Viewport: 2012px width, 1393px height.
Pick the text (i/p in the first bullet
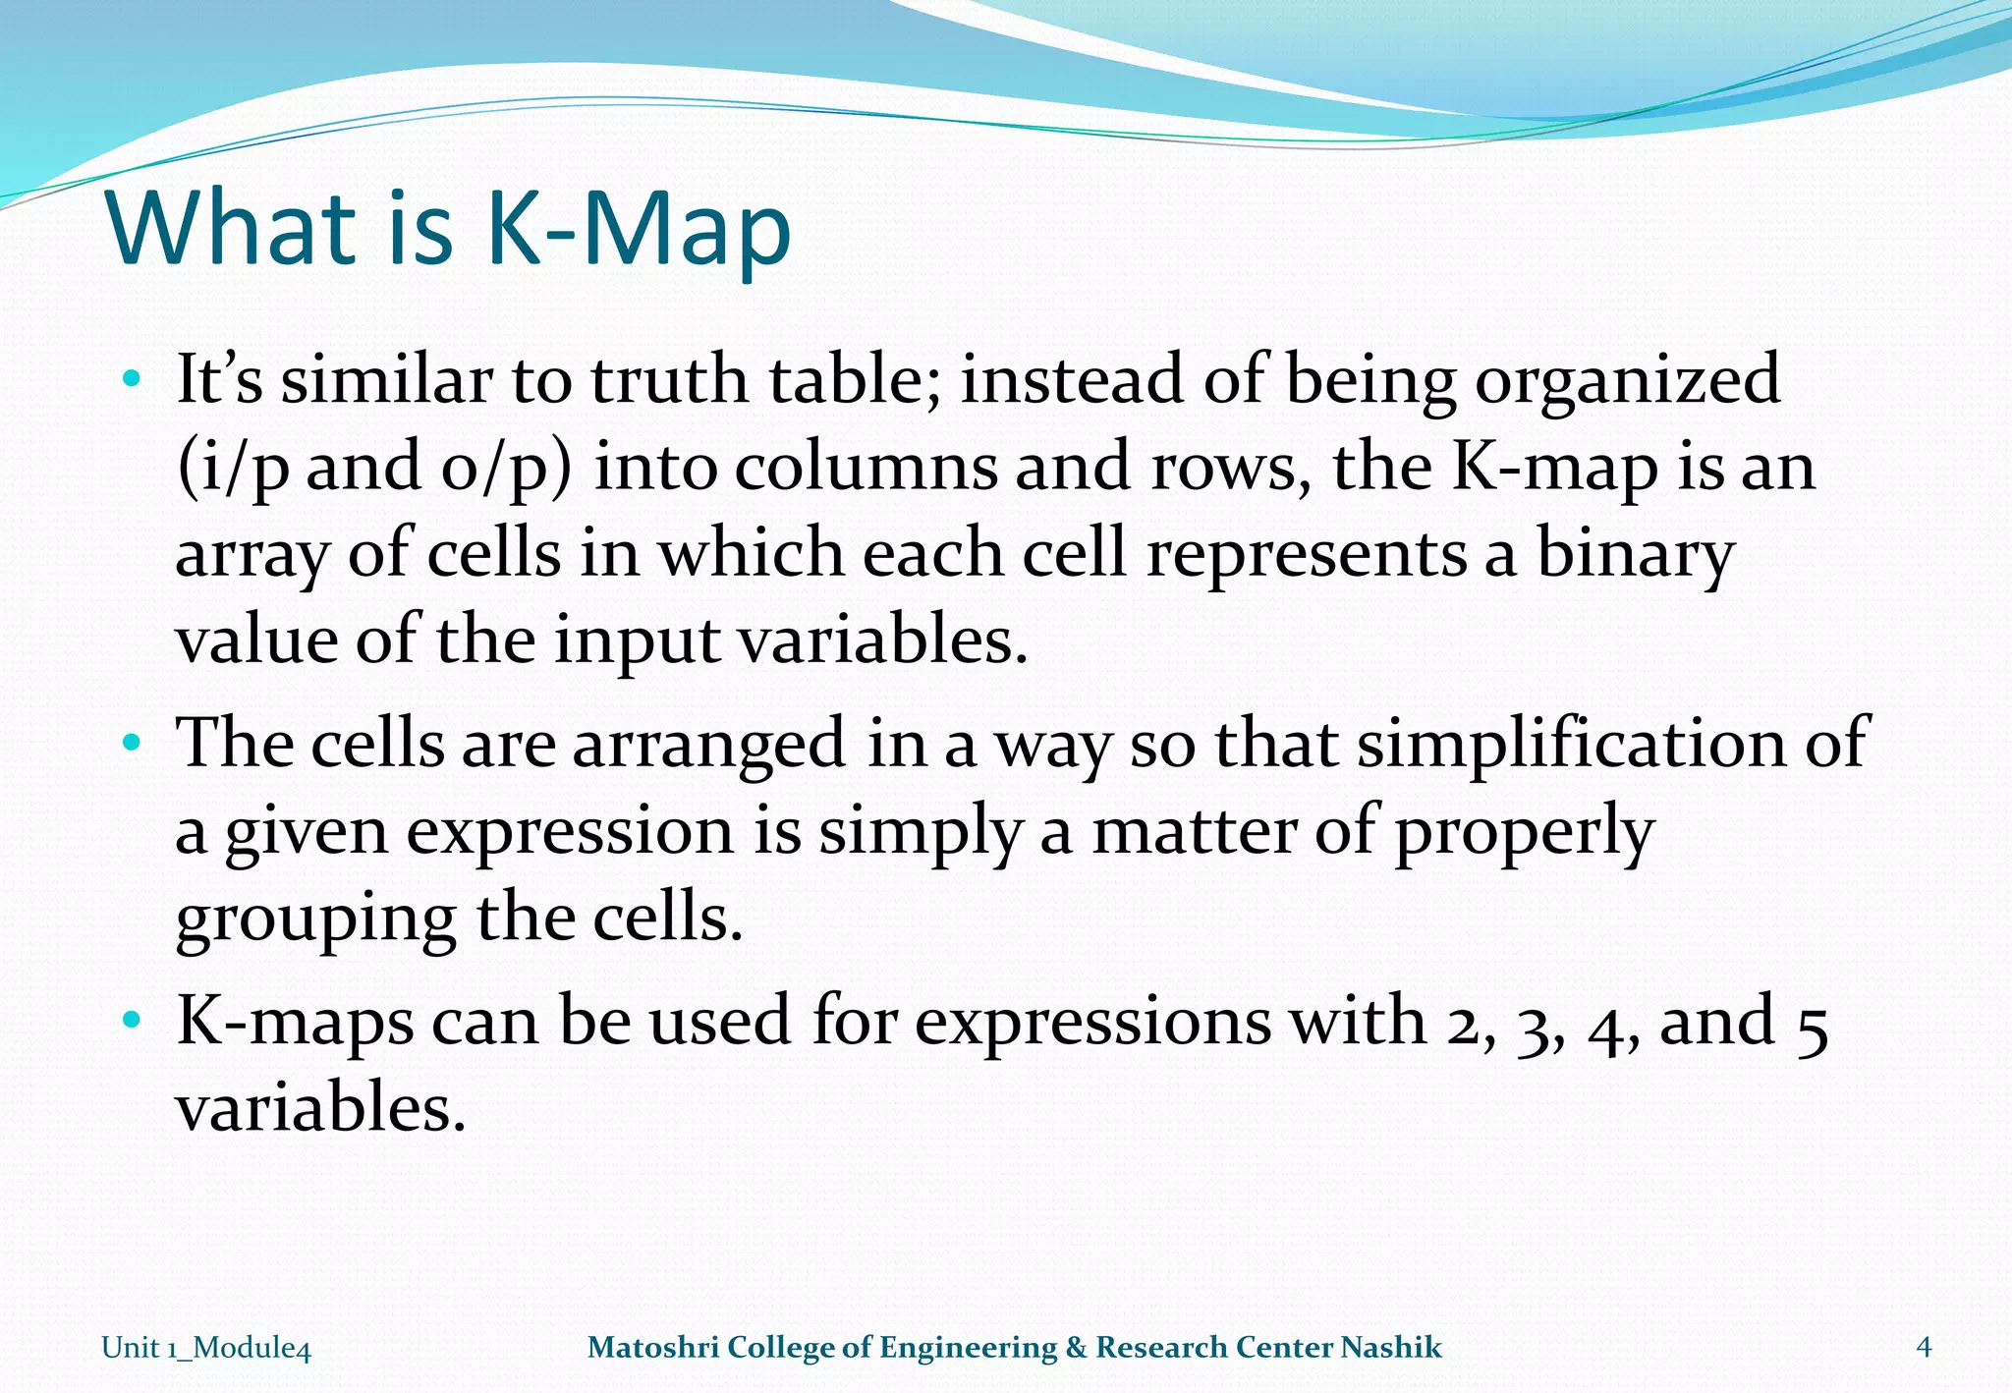pos(233,468)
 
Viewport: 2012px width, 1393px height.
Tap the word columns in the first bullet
pos(865,467)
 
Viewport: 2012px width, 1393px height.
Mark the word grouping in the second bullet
pos(314,919)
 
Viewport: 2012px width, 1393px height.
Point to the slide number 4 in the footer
pos(1924,1347)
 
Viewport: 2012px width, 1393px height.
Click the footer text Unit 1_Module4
pos(206,1348)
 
